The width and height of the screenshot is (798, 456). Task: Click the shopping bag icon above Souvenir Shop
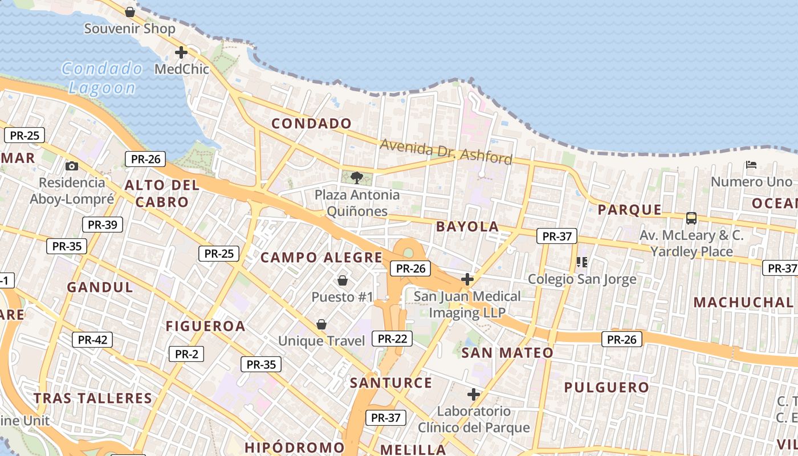coord(130,11)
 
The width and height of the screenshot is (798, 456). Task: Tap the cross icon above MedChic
coord(181,52)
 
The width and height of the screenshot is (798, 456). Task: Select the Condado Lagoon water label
coord(103,78)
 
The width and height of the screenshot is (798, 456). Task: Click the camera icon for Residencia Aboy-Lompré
coord(72,166)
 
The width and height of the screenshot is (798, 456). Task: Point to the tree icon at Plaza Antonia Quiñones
coord(357,177)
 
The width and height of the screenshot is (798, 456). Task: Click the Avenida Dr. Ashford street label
coord(446,151)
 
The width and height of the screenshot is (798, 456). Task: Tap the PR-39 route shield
coord(103,225)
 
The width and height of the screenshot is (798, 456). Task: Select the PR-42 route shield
coord(92,340)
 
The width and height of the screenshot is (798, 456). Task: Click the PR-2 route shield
coord(186,354)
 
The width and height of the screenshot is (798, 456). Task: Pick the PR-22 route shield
coord(392,339)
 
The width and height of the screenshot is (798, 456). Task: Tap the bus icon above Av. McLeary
coord(691,218)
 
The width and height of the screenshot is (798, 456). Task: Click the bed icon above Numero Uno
coord(751,165)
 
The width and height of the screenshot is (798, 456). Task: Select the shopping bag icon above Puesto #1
coord(343,280)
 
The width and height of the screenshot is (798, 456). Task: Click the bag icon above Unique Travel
coord(321,324)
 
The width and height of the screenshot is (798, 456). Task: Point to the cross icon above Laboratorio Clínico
coord(474,394)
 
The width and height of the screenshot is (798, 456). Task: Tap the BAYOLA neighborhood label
coord(467,227)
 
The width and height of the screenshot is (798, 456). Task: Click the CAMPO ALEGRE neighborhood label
coord(321,258)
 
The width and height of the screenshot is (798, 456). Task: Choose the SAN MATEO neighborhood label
coord(507,353)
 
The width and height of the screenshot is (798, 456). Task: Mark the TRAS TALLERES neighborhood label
coord(93,398)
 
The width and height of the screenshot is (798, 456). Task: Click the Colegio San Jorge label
coord(582,279)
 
